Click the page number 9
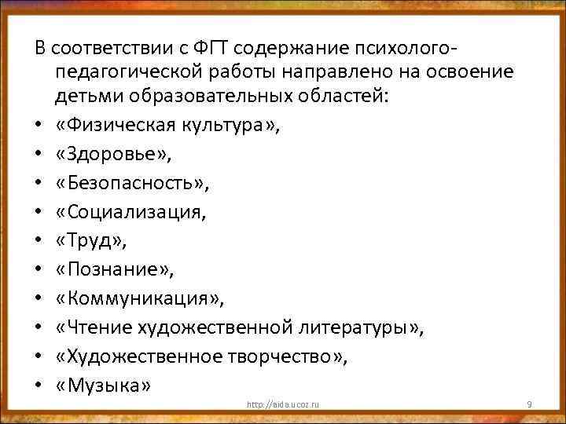pyautogui.click(x=529, y=404)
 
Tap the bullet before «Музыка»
pyautogui.click(x=38, y=386)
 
